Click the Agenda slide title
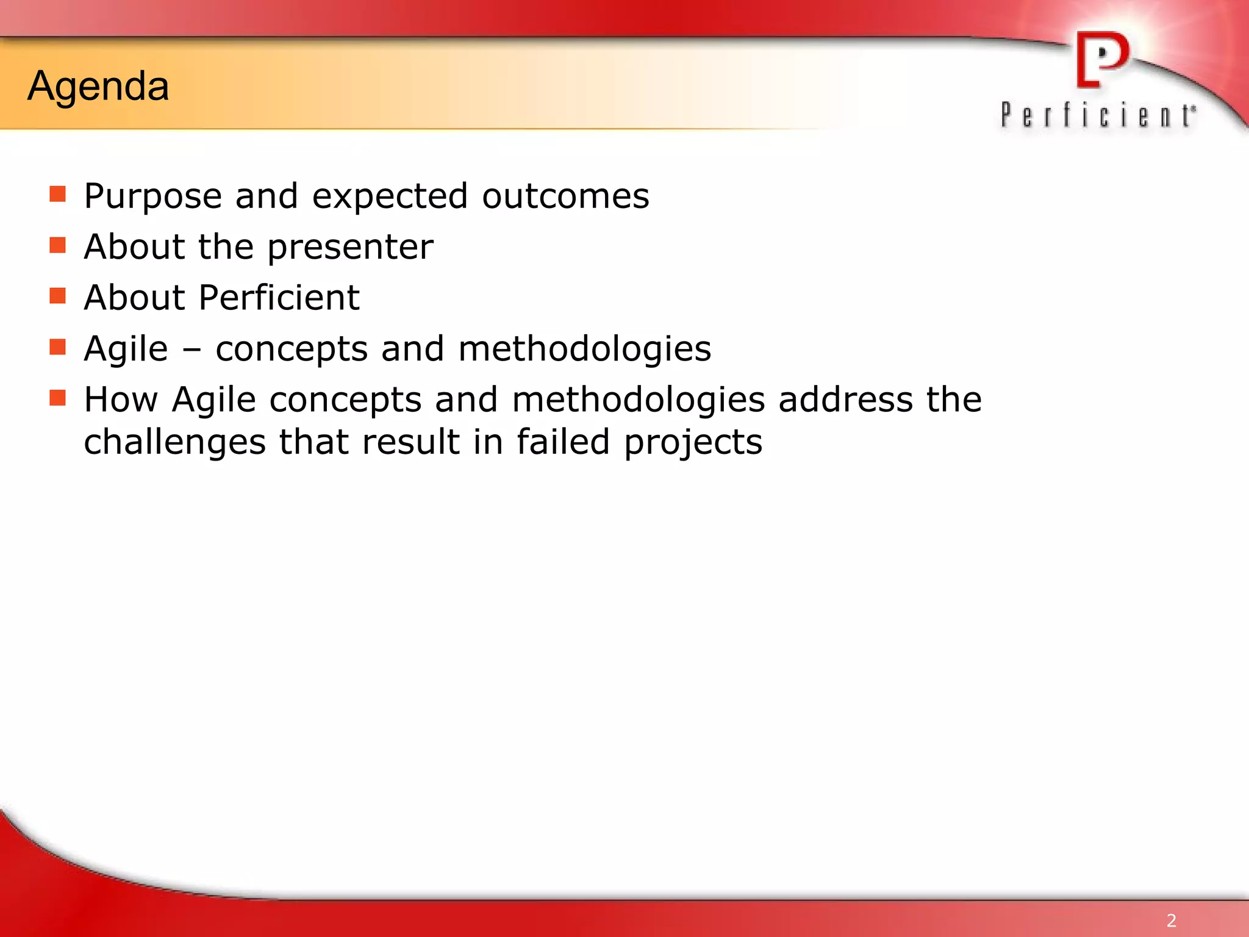point(98,86)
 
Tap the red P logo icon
point(1102,60)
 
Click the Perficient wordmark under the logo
point(1098,115)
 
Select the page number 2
point(1171,920)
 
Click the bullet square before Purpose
point(57,194)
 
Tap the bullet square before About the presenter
point(57,245)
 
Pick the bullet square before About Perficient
point(57,296)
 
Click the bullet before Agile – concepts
point(57,347)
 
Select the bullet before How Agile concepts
point(57,398)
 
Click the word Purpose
point(152,196)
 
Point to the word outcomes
point(565,196)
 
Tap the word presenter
point(350,248)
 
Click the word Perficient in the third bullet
point(279,298)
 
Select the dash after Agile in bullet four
point(191,350)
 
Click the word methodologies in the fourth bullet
point(584,350)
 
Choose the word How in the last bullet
point(121,400)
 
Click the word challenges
point(174,443)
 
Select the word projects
point(693,443)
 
